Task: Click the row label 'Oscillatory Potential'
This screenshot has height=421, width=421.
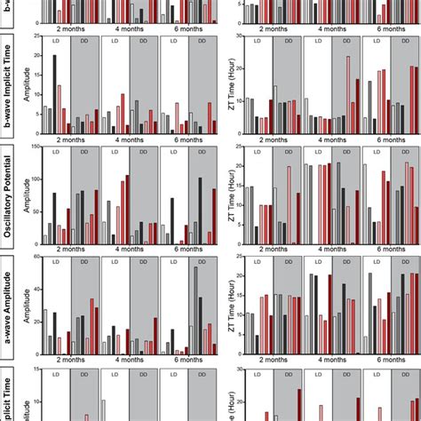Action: tap(8, 195)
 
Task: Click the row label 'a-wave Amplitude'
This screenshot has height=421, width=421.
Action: tap(8, 306)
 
